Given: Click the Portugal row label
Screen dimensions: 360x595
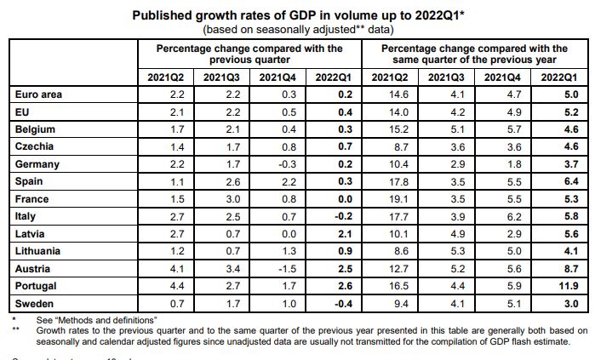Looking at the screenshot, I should [35, 286].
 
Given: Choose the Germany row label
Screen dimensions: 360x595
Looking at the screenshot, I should [36, 164].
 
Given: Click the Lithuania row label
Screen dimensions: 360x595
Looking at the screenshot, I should [38, 251].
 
